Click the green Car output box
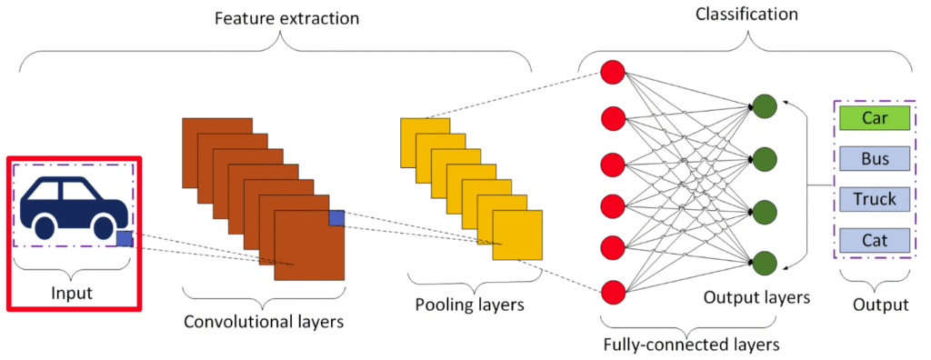click(x=875, y=117)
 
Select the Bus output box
click(x=875, y=158)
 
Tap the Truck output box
click(x=875, y=199)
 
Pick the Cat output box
click(x=875, y=239)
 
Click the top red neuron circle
click(x=613, y=73)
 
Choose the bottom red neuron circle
click(x=613, y=293)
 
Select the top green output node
click(x=764, y=106)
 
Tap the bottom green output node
click(x=764, y=263)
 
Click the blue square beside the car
click(x=124, y=238)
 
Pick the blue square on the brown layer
click(x=336, y=218)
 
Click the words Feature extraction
click(x=286, y=18)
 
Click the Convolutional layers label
click(x=264, y=322)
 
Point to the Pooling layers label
click(x=469, y=305)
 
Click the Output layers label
click(x=756, y=297)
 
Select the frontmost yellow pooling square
click(x=517, y=235)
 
